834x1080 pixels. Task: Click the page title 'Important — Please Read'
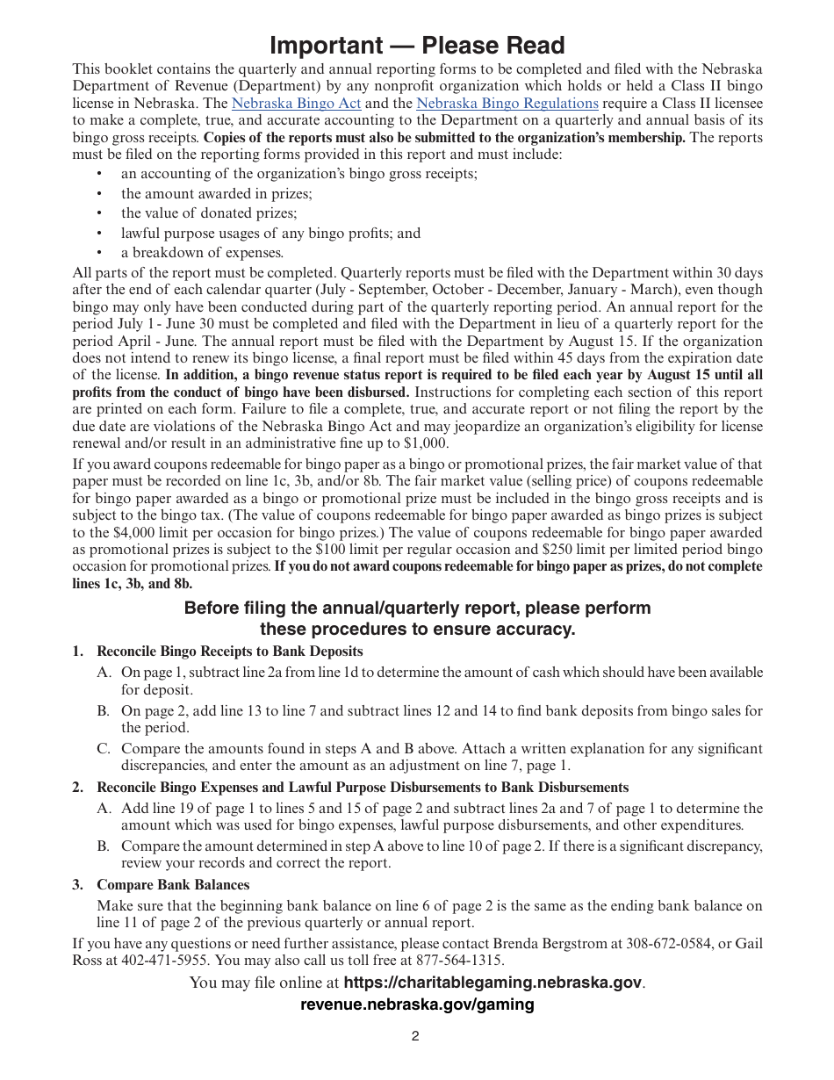tap(417, 46)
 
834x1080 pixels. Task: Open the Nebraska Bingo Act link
tap(296, 104)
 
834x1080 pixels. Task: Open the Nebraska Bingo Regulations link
tap(507, 104)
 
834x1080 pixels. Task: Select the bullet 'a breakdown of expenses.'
tap(202, 253)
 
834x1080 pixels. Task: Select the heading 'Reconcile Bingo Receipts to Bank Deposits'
tap(229, 652)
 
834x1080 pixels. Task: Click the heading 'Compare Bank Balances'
tap(173, 885)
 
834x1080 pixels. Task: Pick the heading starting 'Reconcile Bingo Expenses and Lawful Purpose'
tap(362, 788)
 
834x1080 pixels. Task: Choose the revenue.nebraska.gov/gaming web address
tap(417, 1004)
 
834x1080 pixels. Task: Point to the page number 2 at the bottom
tap(415, 1036)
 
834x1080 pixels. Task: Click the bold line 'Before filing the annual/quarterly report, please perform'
tap(417, 608)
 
